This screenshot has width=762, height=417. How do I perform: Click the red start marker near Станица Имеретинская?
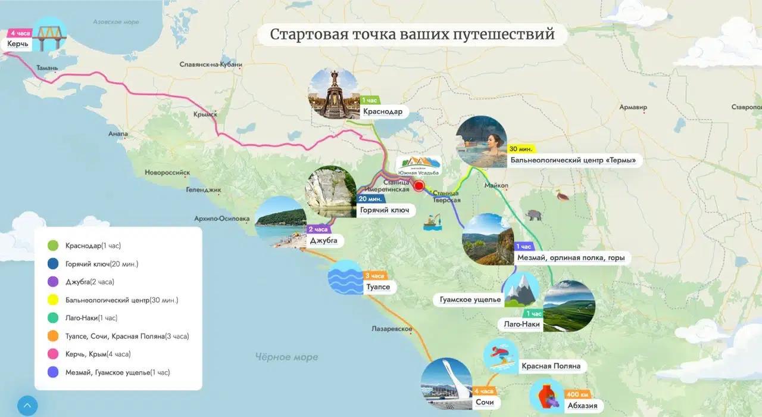pos(419,186)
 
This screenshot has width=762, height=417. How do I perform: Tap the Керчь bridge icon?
pos(49,35)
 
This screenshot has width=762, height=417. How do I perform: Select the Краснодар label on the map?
pos(383,111)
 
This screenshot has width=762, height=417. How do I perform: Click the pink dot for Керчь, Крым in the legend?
pos(53,354)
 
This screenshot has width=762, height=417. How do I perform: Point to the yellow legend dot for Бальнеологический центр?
pos(53,300)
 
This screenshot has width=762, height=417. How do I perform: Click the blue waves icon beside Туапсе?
pos(345,278)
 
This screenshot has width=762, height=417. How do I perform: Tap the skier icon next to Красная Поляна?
pos(501,356)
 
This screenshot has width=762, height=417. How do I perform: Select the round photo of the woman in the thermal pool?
pos(481,142)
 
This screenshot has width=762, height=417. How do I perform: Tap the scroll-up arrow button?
pos(27,406)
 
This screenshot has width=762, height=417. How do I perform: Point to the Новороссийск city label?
pos(167,173)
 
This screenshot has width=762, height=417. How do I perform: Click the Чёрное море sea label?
pos(286,357)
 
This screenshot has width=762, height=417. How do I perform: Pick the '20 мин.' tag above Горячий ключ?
pos(370,199)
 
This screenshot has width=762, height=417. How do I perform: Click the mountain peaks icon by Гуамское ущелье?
pos(521,290)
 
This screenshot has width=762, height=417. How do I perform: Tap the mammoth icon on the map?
pos(533,215)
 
